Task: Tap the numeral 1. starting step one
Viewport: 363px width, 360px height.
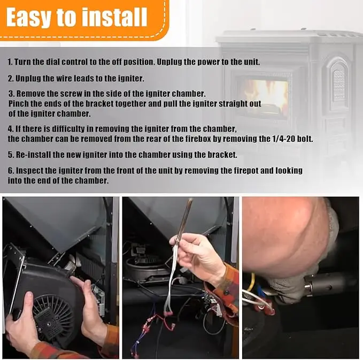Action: (10, 62)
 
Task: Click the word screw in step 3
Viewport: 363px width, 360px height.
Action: (71, 94)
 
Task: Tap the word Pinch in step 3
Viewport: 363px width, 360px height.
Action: (19, 104)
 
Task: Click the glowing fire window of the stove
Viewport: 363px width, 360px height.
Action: (263, 95)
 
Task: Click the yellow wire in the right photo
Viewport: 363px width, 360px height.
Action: (252, 283)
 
